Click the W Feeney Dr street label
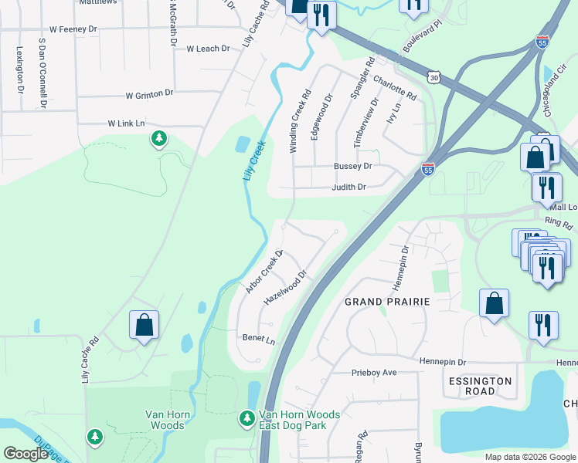(73, 29)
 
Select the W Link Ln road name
(126, 123)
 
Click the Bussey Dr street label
(352, 166)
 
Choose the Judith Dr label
(348, 187)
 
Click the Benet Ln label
(258, 339)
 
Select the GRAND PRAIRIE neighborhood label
(386, 301)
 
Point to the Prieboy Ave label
(374, 372)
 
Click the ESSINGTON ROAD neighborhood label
(479, 387)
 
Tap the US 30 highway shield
(433, 76)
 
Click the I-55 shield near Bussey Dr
(428, 168)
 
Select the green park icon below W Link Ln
(159, 139)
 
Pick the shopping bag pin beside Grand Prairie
(494, 303)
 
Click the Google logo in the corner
(25, 454)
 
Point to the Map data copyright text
(531, 457)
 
